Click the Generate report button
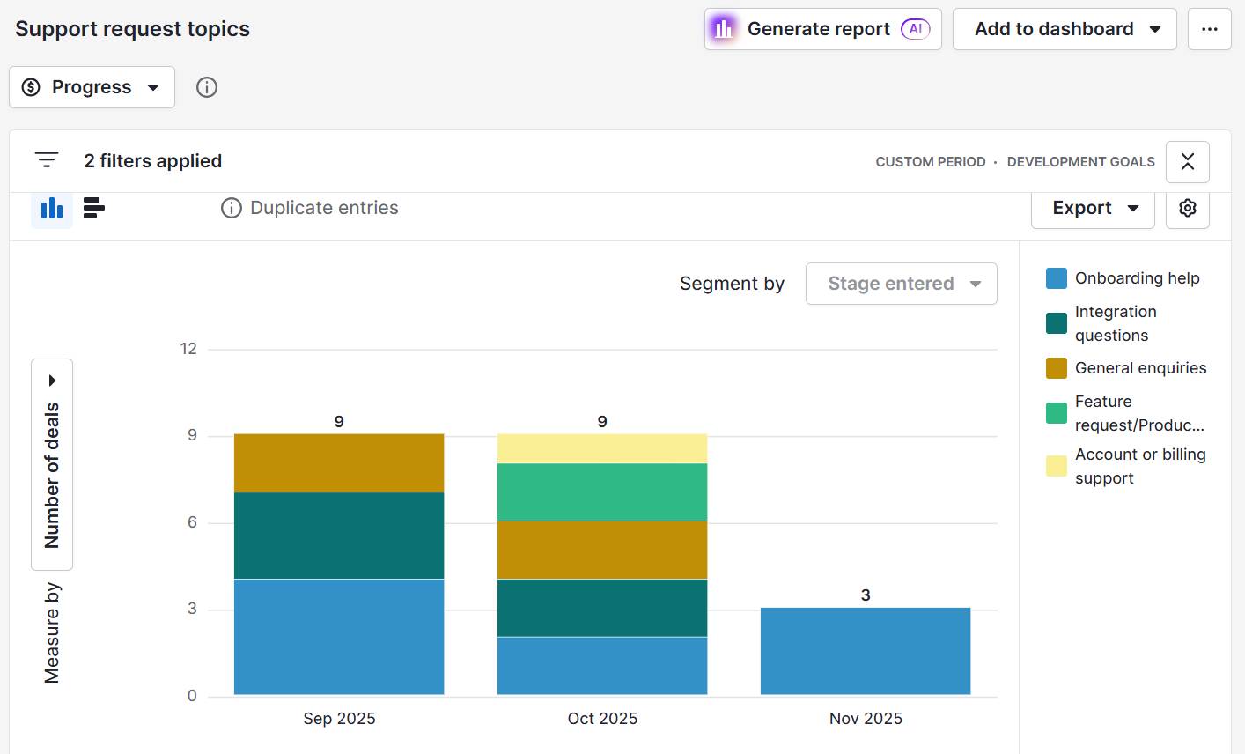tap(822, 29)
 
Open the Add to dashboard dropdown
tap(1065, 29)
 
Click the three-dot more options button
tap(1209, 29)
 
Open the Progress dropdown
tap(92, 87)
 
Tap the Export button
tap(1092, 208)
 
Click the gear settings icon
tap(1187, 208)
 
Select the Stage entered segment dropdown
tap(901, 284)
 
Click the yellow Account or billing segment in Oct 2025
tap(602, 448)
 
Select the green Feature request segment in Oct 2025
tap(602, 492)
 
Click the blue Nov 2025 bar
tap(866, 651)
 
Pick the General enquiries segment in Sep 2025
tap(339, 462)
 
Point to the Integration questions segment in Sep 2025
tap(339, 535)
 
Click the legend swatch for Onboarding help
tap(1057, 278)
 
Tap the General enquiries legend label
tap(1140, 368)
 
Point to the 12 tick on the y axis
tap(188, 349)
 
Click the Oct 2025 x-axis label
tap(602, 719)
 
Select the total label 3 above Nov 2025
tap(866, 595)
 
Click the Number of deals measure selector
tap(52, 464)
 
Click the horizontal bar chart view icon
tap(93, 208)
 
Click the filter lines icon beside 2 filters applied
tap(47, 160)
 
